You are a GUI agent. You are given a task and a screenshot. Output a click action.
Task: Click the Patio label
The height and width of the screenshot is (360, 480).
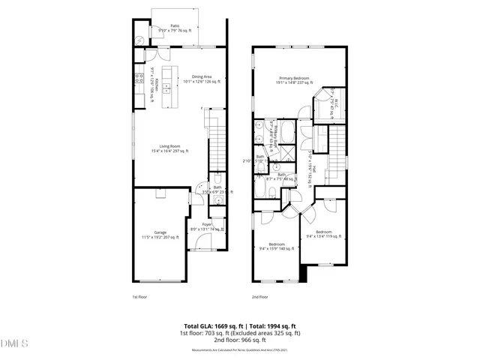[174, 25]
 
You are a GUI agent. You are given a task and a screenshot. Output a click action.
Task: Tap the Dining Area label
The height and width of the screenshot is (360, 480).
[201, 76]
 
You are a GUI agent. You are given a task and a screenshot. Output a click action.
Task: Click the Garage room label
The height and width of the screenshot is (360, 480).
[160, 233]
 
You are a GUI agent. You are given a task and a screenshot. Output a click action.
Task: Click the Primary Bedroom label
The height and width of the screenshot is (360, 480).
[295, 78]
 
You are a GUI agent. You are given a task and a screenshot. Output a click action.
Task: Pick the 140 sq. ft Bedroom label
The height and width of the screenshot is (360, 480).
[277, 244]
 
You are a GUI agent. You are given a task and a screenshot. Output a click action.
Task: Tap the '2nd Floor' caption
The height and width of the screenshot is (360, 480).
[260, 298]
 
